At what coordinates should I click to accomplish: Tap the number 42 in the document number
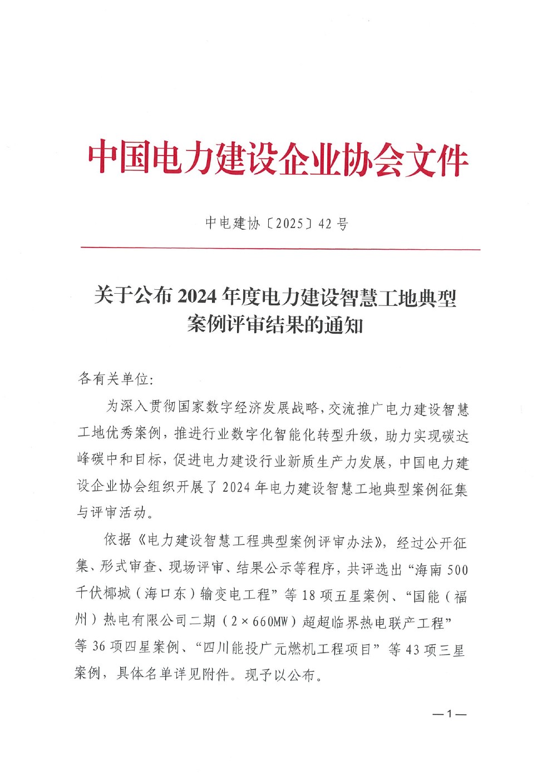click(x=325, y=224)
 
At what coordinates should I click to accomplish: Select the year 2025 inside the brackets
click(x=289, y=224)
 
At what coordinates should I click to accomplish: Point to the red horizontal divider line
click(x=280, y=249)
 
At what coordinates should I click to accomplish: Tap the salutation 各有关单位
click(x=114, y=379)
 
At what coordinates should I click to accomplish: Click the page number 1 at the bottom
click(x=450, y=714)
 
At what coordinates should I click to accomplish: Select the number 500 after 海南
click(x=457, y=570)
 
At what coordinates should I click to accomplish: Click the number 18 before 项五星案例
click(x=309, y=595)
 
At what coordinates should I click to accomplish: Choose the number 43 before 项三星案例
click(x=413, y=649)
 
